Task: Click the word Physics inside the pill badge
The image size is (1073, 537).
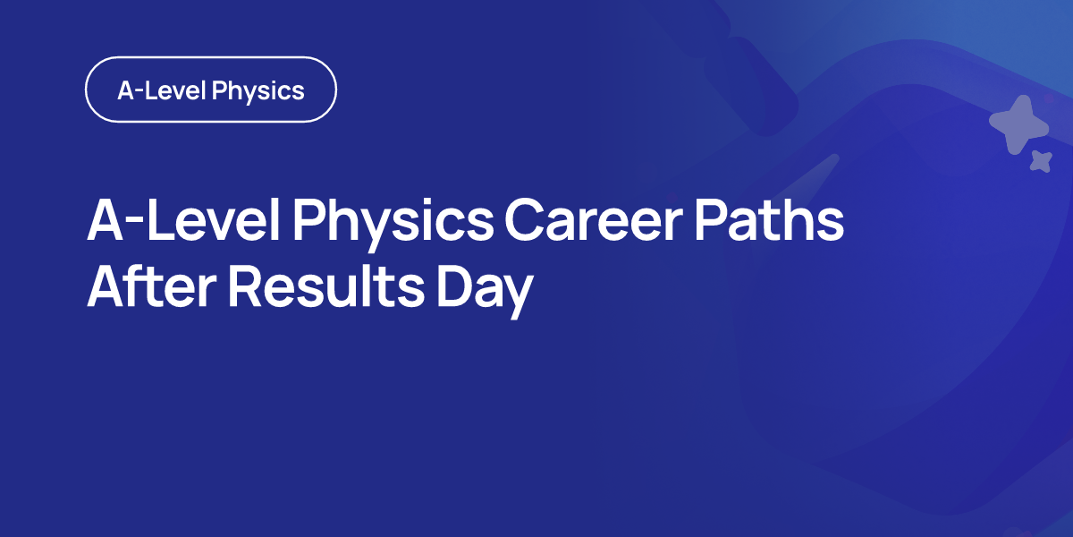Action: (x=258, y=91)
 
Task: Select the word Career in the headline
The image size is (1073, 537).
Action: (x=594, y=220)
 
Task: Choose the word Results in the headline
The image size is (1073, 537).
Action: (x=326, y=286)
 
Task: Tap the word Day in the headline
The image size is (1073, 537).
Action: (x=485, y=291)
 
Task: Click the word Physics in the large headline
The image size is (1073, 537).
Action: (x=393, y=224)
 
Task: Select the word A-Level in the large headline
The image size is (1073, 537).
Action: (x=183, y=219)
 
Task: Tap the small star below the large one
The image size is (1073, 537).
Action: (x=1042, y=161)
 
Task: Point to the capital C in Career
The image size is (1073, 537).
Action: (x=525, y=220)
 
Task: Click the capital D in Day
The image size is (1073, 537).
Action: (x=454, y=286)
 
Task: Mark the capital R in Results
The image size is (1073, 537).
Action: (x=245, y=286)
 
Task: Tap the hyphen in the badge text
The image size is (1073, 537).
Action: (x=139, y=92)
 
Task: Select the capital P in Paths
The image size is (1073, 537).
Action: (x=711, y=219)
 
